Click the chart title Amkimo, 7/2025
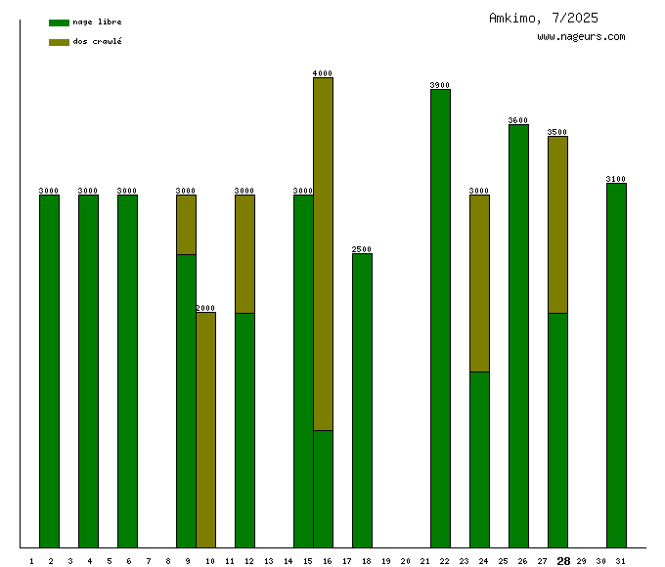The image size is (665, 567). pos(543,18)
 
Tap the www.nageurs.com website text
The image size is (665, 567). pos(581,36)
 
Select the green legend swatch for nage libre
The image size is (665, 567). pos(59,22)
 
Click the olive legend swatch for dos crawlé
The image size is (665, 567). pos(59,42)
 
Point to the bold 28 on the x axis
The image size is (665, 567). pos(563,561)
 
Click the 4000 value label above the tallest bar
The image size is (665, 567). pos(323,73)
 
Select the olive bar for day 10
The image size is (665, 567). pos(205,430)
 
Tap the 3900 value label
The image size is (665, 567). pos(440,85)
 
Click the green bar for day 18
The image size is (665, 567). pos(362,401)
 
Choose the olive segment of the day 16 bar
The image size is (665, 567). pos(323,254)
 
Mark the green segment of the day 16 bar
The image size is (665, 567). pos(323,489)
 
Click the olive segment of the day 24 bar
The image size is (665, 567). pos(479,283)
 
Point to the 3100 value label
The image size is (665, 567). pos(616,179)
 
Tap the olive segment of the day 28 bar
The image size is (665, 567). pos(557,225)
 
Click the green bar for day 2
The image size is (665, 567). pos(49,371)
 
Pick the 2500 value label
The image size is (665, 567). pos(362,249)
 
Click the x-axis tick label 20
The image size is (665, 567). pos(405,561)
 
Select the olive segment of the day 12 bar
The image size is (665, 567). pos(244,254)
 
